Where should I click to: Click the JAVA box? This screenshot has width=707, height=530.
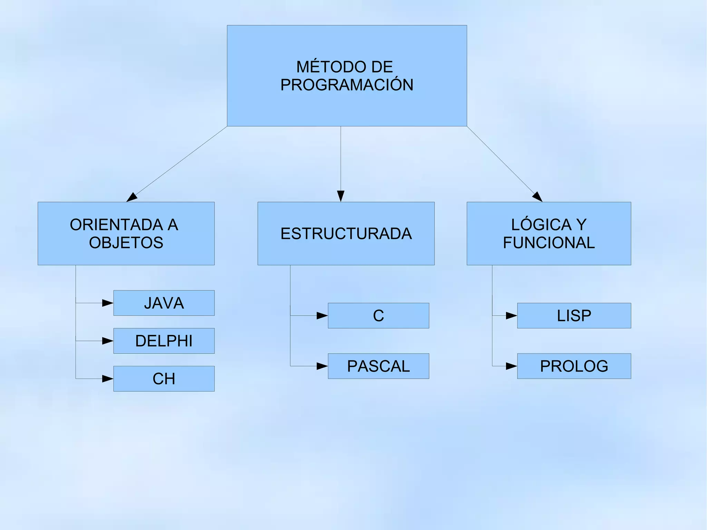[164, 303]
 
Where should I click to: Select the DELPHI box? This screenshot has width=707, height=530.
[164, 341]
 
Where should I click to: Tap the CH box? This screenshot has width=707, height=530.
[164, 379]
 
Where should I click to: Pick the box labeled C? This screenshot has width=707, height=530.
[378, 316]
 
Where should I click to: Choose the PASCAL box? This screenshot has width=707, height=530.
[378, 366]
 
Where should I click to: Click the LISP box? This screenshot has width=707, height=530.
[574, 316]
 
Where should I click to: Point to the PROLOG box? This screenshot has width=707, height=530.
[574, 366]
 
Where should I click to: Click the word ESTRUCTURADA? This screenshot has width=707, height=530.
[346, 234]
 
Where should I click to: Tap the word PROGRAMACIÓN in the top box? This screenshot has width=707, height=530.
[347, 85]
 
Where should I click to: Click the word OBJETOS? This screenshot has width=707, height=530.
[126, 243]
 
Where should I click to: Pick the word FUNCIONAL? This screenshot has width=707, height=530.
[549, 243]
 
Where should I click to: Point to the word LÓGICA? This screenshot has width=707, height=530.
[541, 225]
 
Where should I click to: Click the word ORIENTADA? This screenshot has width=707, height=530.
[116, 225]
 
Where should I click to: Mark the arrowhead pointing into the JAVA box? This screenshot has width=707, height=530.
[108, 303]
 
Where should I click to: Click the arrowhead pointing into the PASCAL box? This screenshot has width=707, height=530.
[322, 366]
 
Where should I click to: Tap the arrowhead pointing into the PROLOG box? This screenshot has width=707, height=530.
[511, 366]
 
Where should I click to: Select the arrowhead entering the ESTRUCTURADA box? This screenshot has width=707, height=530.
[341, 196]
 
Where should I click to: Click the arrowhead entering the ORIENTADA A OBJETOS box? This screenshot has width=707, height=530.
[132, 197]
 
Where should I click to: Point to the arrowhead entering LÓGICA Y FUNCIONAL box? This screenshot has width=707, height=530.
[537, 197]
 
